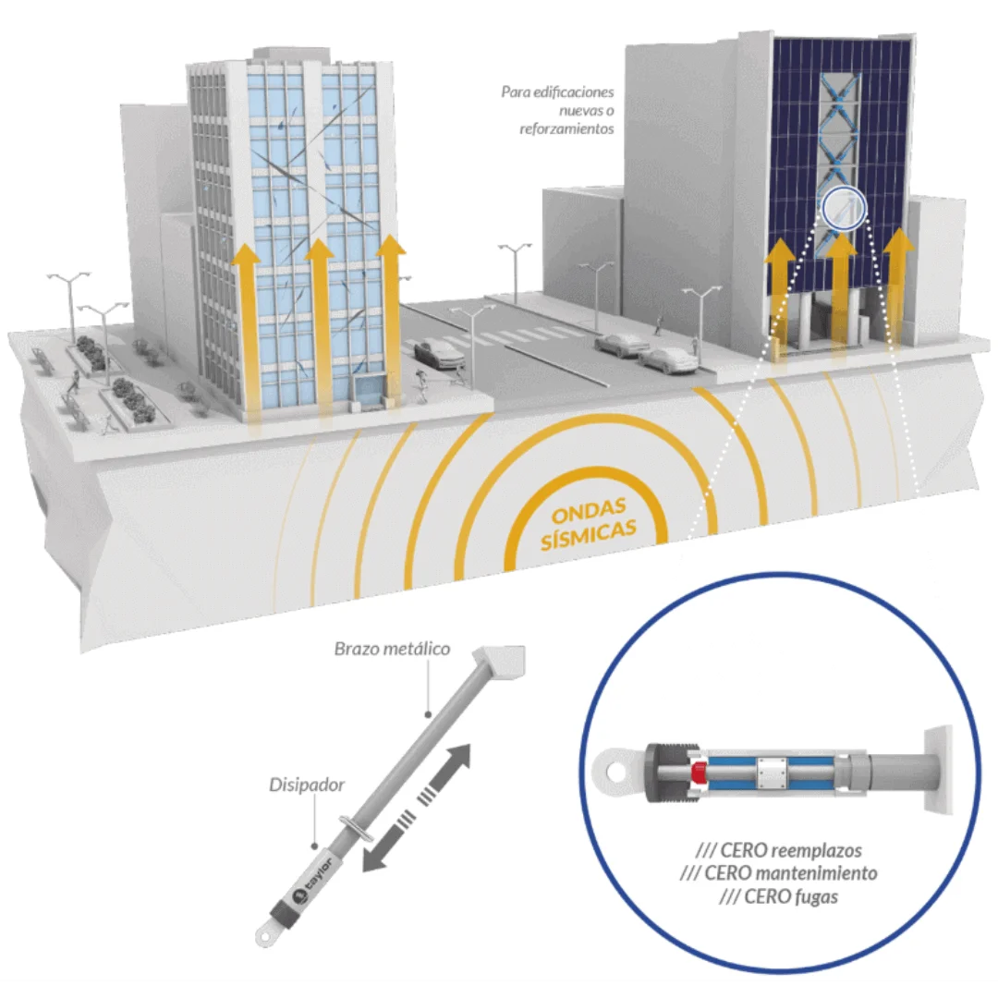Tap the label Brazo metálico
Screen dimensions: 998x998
point(392,649)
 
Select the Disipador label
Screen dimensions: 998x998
point(307,785)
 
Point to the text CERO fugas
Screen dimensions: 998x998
point(778,896)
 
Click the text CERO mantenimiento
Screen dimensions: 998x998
point(778,872)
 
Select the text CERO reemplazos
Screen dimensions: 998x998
point(778,850)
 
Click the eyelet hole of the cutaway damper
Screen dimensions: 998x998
point(615,772)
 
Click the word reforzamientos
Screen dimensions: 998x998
point(566,128)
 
